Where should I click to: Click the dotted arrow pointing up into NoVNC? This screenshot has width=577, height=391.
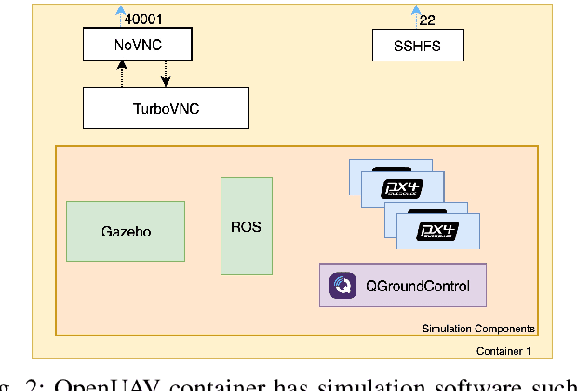tap(121, 73)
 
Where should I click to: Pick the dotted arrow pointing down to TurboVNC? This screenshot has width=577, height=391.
tap(166, 74)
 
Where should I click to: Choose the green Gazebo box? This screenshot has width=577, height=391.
tap(126, 231)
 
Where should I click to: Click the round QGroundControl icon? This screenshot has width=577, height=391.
tap(341, 286)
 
